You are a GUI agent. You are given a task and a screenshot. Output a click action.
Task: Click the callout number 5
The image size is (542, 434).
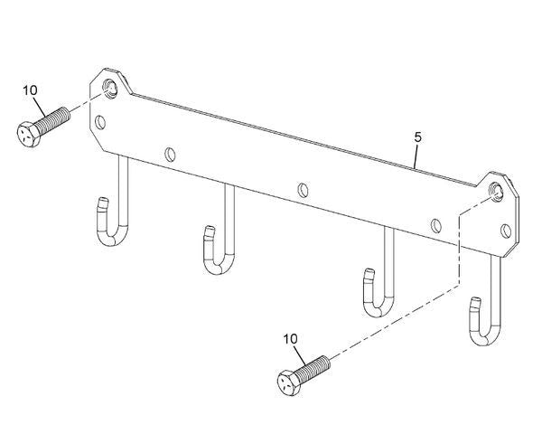[418, 137]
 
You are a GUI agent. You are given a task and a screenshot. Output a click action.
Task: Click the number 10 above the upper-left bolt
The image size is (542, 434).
[30, 90]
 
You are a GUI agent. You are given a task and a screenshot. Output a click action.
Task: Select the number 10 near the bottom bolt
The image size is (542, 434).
[290, 339]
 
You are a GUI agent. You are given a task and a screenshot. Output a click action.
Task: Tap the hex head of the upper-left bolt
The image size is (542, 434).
[28, 135]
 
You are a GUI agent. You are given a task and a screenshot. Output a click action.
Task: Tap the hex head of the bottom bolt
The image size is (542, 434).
[289, 382]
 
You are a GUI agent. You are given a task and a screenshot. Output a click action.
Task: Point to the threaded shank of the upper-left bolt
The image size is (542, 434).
[51, 119]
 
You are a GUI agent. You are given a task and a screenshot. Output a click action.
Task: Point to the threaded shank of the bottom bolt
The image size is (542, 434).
[313, 368]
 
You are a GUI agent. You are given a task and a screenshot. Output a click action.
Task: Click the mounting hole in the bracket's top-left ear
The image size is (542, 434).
[111, 88]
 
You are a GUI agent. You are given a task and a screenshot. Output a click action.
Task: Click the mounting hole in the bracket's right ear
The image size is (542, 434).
[496, 191]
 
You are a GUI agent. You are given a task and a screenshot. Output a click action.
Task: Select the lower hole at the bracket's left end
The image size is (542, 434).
[100, 122]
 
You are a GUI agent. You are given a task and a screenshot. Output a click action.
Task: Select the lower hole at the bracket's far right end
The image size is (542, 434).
[506, 231]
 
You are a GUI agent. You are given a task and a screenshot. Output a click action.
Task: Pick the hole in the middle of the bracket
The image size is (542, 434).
[303, 190]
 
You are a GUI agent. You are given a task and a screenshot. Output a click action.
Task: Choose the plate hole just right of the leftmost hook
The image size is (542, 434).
[170, 155]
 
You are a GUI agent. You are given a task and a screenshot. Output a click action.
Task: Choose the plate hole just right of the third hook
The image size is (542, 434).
[436, 226]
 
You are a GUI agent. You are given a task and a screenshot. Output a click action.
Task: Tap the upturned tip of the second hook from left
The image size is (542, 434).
[209, 231]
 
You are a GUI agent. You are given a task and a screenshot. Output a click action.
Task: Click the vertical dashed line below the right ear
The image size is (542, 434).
[459, 250]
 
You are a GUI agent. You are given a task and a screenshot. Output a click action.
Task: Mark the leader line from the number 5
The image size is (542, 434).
[416, 156]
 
